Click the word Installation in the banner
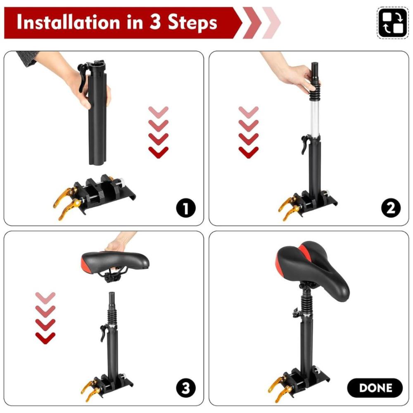(x=69, y=22)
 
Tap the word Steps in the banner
(x=192, y=23)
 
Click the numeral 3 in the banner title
(x=155, y=22)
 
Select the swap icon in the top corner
(x=393, y=23)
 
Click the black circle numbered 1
(x=186, y=208)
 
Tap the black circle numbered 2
(x=391, y=208)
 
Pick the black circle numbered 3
(x=186, y=388)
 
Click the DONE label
(x=375, y=388)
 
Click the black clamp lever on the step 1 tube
(x=83, y=76)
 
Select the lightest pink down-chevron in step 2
(x=248, y=112)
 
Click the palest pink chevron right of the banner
(x=272, y=23)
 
